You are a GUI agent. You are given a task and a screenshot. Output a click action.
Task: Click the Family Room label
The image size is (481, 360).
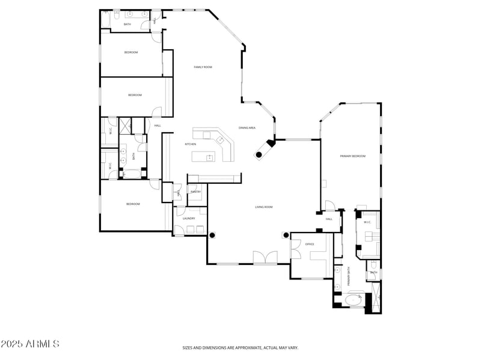203,67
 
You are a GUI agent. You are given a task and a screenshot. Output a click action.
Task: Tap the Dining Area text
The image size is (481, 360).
247,128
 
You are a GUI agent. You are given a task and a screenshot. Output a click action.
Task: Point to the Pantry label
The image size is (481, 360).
195,192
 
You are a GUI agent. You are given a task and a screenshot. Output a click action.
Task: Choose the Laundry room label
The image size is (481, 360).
188,219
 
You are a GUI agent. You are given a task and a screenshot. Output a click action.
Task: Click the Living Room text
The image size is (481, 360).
264,207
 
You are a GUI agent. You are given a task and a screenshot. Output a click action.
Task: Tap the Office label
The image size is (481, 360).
310,244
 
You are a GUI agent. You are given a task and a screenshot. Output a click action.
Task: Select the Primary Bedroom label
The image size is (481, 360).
352,156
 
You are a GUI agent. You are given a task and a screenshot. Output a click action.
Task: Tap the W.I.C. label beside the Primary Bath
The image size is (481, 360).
367,222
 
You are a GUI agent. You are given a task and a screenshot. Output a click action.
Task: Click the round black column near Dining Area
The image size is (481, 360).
259,155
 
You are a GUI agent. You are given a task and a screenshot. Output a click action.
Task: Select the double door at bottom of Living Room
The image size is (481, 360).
265,258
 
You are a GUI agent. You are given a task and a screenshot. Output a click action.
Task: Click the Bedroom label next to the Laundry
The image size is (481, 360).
133,204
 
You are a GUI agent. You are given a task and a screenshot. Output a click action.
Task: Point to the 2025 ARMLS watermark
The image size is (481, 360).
29,344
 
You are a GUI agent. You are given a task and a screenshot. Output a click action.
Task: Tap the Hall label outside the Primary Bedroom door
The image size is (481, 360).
329,219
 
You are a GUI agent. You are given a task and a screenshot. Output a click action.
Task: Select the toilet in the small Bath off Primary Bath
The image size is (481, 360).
373,265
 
